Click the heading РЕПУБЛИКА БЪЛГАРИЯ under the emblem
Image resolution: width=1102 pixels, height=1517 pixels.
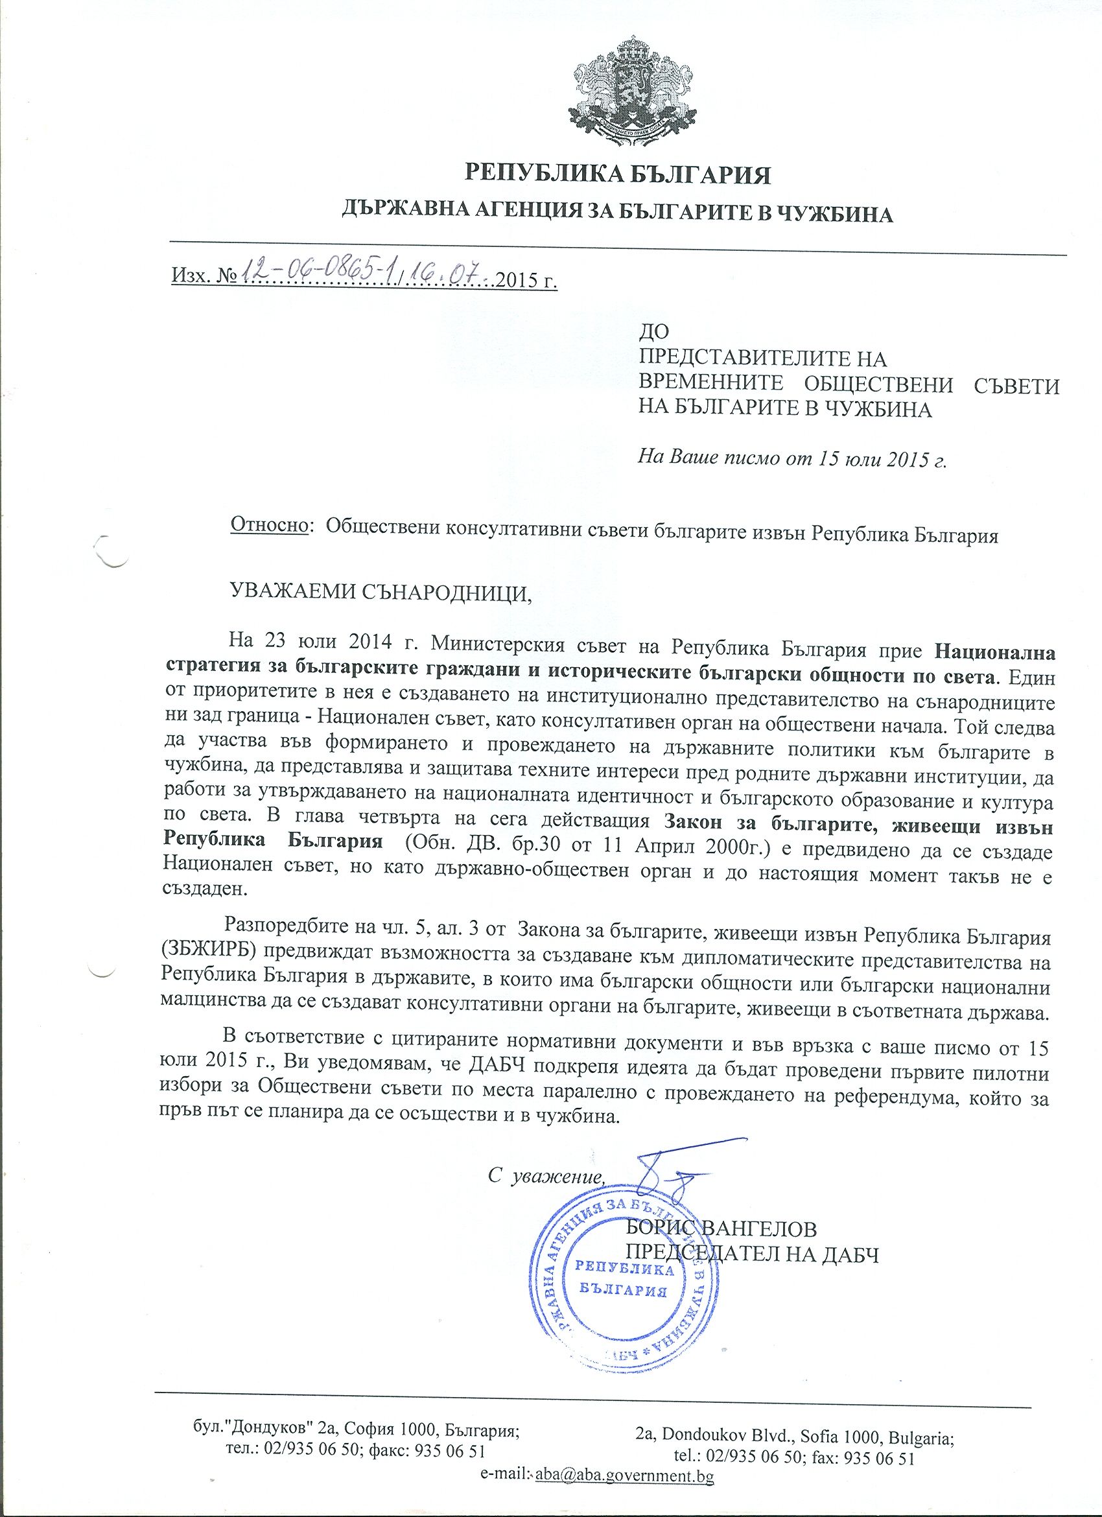(617, 175)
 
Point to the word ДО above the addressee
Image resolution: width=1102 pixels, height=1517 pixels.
(654, 331)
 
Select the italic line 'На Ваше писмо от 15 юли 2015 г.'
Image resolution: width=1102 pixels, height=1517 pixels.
(792, 458)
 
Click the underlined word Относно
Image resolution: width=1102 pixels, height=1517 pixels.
(269, 526)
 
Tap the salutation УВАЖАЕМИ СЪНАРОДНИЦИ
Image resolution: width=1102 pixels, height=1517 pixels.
(381, 591)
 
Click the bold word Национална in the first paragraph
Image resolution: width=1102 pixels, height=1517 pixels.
(994, 650)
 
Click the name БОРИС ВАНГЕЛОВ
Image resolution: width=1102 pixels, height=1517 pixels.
(721, 1229)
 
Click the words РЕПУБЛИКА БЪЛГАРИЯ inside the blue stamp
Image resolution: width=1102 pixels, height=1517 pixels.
(624, 1278)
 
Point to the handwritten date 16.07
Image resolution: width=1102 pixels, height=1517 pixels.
(452, 271)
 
